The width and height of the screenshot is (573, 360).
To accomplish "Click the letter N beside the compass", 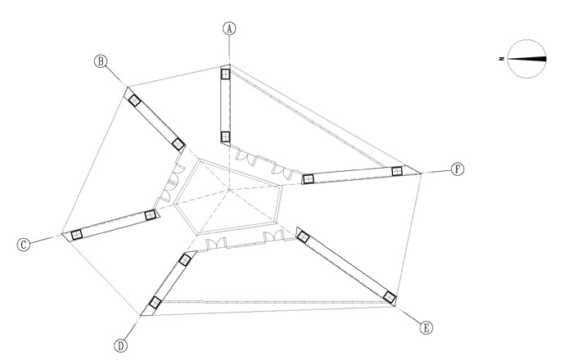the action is coord(501,59).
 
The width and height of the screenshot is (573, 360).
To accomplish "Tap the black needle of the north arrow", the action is coord(526,59).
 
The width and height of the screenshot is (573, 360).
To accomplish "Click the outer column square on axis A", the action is coord(225,74).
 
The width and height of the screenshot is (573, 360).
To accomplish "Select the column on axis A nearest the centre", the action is coord(225,137).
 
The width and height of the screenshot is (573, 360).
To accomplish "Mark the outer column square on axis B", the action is coord(134,101).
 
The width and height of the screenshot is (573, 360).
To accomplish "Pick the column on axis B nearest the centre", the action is coord(178,144).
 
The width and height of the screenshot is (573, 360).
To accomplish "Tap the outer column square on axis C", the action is coord(76,234).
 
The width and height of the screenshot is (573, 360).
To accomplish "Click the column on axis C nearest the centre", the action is coord(150,215).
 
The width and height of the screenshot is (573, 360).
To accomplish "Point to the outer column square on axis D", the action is coord(156,302).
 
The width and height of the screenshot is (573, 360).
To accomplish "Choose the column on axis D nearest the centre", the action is coord(185,259).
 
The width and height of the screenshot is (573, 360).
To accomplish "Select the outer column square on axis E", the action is coord(390,298).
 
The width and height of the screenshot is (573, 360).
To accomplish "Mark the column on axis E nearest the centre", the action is coord(303,237).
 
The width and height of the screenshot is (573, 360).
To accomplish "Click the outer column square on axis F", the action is coord(397,171).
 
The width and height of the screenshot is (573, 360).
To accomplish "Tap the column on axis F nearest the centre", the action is coord(309,179).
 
